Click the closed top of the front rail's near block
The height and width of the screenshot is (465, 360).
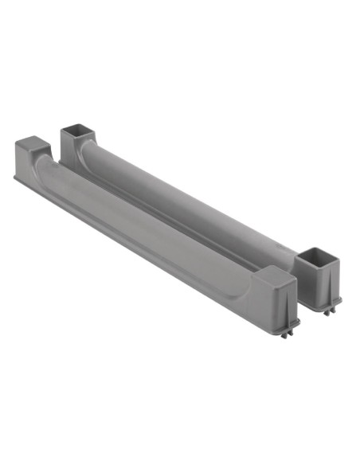pyautogui.click(x=277, y=275)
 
